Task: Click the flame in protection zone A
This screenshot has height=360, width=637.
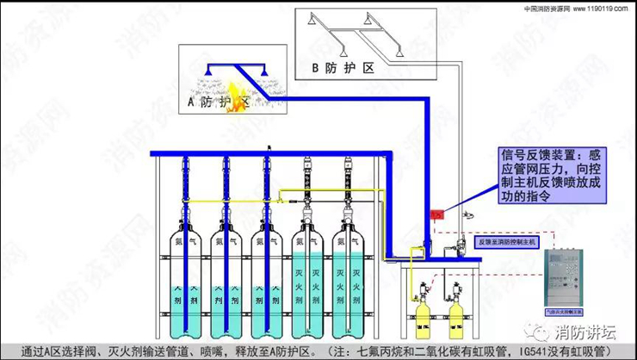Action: click(234, 89)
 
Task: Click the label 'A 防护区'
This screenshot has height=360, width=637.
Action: click(218, 103)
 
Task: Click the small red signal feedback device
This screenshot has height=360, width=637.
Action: click(436, 214)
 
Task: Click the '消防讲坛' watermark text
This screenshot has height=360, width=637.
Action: click(586, 332)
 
